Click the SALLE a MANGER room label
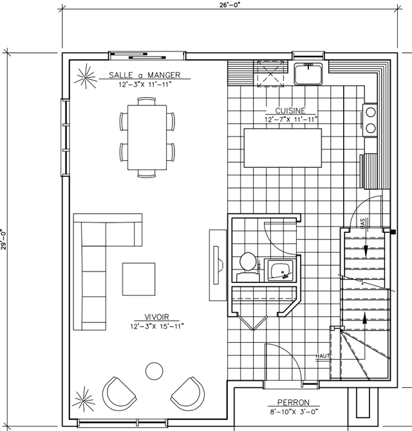(x=145, y=75)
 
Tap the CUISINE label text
(x=290, y=111)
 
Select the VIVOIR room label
(x=157, y=317)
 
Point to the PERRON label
(x=294, y=403)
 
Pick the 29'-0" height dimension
(x=4, y=239)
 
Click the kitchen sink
(x=308, y=74)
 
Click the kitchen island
(x=283, y=148)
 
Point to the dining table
(x=147, y=138)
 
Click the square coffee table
(x=138, y=279)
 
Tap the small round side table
(x=154, y=371)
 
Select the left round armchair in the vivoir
(x=118, y=394)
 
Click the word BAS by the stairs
(x=362, y=223)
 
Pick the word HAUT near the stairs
(x=323, y=356)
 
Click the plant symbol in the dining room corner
(x=86, y=76)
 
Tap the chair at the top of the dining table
(x=147, y=101)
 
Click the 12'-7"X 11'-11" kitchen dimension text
(x=291, y=119)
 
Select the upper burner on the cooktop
(x=370, y=113)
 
